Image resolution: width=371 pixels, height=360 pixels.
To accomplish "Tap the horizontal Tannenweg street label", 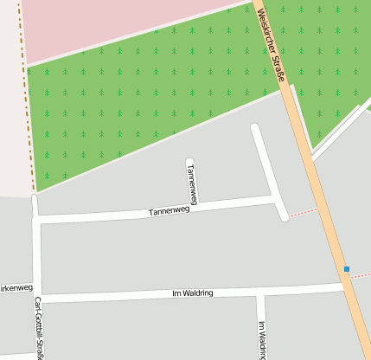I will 169,210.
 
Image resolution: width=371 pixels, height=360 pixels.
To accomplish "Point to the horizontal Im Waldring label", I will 187,293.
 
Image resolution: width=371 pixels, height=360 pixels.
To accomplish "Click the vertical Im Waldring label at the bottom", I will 261,339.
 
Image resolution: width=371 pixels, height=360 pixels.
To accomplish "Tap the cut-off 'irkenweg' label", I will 16,287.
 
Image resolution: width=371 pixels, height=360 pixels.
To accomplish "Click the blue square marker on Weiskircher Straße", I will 347,269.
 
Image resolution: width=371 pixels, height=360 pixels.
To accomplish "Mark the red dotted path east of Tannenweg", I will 303,212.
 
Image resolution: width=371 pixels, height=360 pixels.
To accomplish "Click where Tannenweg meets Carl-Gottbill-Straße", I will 36,219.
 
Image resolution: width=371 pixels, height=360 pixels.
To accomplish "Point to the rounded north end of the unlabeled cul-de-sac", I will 255,129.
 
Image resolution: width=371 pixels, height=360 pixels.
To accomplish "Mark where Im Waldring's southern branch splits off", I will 259,292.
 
